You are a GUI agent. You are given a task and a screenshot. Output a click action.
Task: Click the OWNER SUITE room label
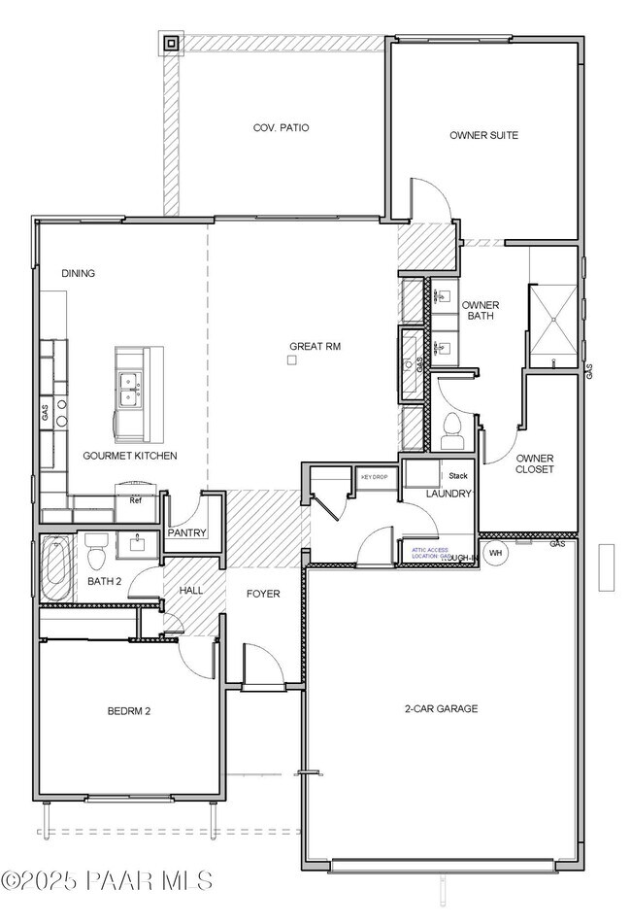[x=483, y=135]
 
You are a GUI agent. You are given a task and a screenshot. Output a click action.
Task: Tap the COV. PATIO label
[x=281, y=127]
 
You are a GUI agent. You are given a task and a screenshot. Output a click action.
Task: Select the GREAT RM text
[x=315, y=346]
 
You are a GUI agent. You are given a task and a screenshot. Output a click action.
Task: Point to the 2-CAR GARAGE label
[x=442, y=709]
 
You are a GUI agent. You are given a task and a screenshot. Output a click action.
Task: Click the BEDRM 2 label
[x=128, y=711]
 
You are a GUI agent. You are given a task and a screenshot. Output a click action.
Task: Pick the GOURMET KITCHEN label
[x=129, y=456]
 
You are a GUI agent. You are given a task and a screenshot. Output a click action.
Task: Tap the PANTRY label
[x=184, y=533]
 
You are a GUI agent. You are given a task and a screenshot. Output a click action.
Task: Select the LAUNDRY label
[x=448, y=495]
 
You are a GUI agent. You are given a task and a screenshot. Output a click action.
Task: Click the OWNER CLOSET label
[x=534, y=463]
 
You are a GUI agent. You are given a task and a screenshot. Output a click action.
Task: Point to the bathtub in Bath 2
[x=54, y=568]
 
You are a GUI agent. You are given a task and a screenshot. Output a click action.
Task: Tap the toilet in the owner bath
[x=452, y=428]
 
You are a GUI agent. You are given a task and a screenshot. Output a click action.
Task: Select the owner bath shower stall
[x=552, y=316]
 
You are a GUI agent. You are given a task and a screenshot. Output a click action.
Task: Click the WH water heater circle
[x=495, y=553]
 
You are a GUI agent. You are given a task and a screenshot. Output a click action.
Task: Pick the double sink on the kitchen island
[x=129, y=389]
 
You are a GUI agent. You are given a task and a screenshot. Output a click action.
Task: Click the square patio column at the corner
[x=171, y=42]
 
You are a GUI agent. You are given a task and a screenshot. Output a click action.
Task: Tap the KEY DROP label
[x=374, y=477]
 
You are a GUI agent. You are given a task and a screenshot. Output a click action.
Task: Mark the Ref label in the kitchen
[x=136, y=499]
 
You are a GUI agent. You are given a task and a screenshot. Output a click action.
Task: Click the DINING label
[x=79, y=273]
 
